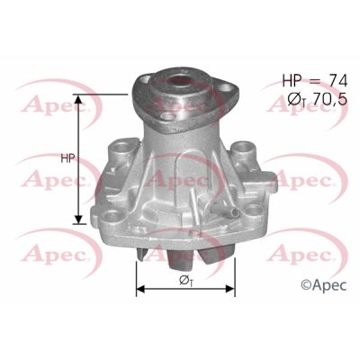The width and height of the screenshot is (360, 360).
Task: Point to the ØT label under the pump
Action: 184,279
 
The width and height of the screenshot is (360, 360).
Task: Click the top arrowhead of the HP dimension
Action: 80,97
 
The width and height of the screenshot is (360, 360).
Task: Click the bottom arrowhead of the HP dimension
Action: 80,220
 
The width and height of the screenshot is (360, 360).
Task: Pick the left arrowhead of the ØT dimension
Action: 139,290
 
